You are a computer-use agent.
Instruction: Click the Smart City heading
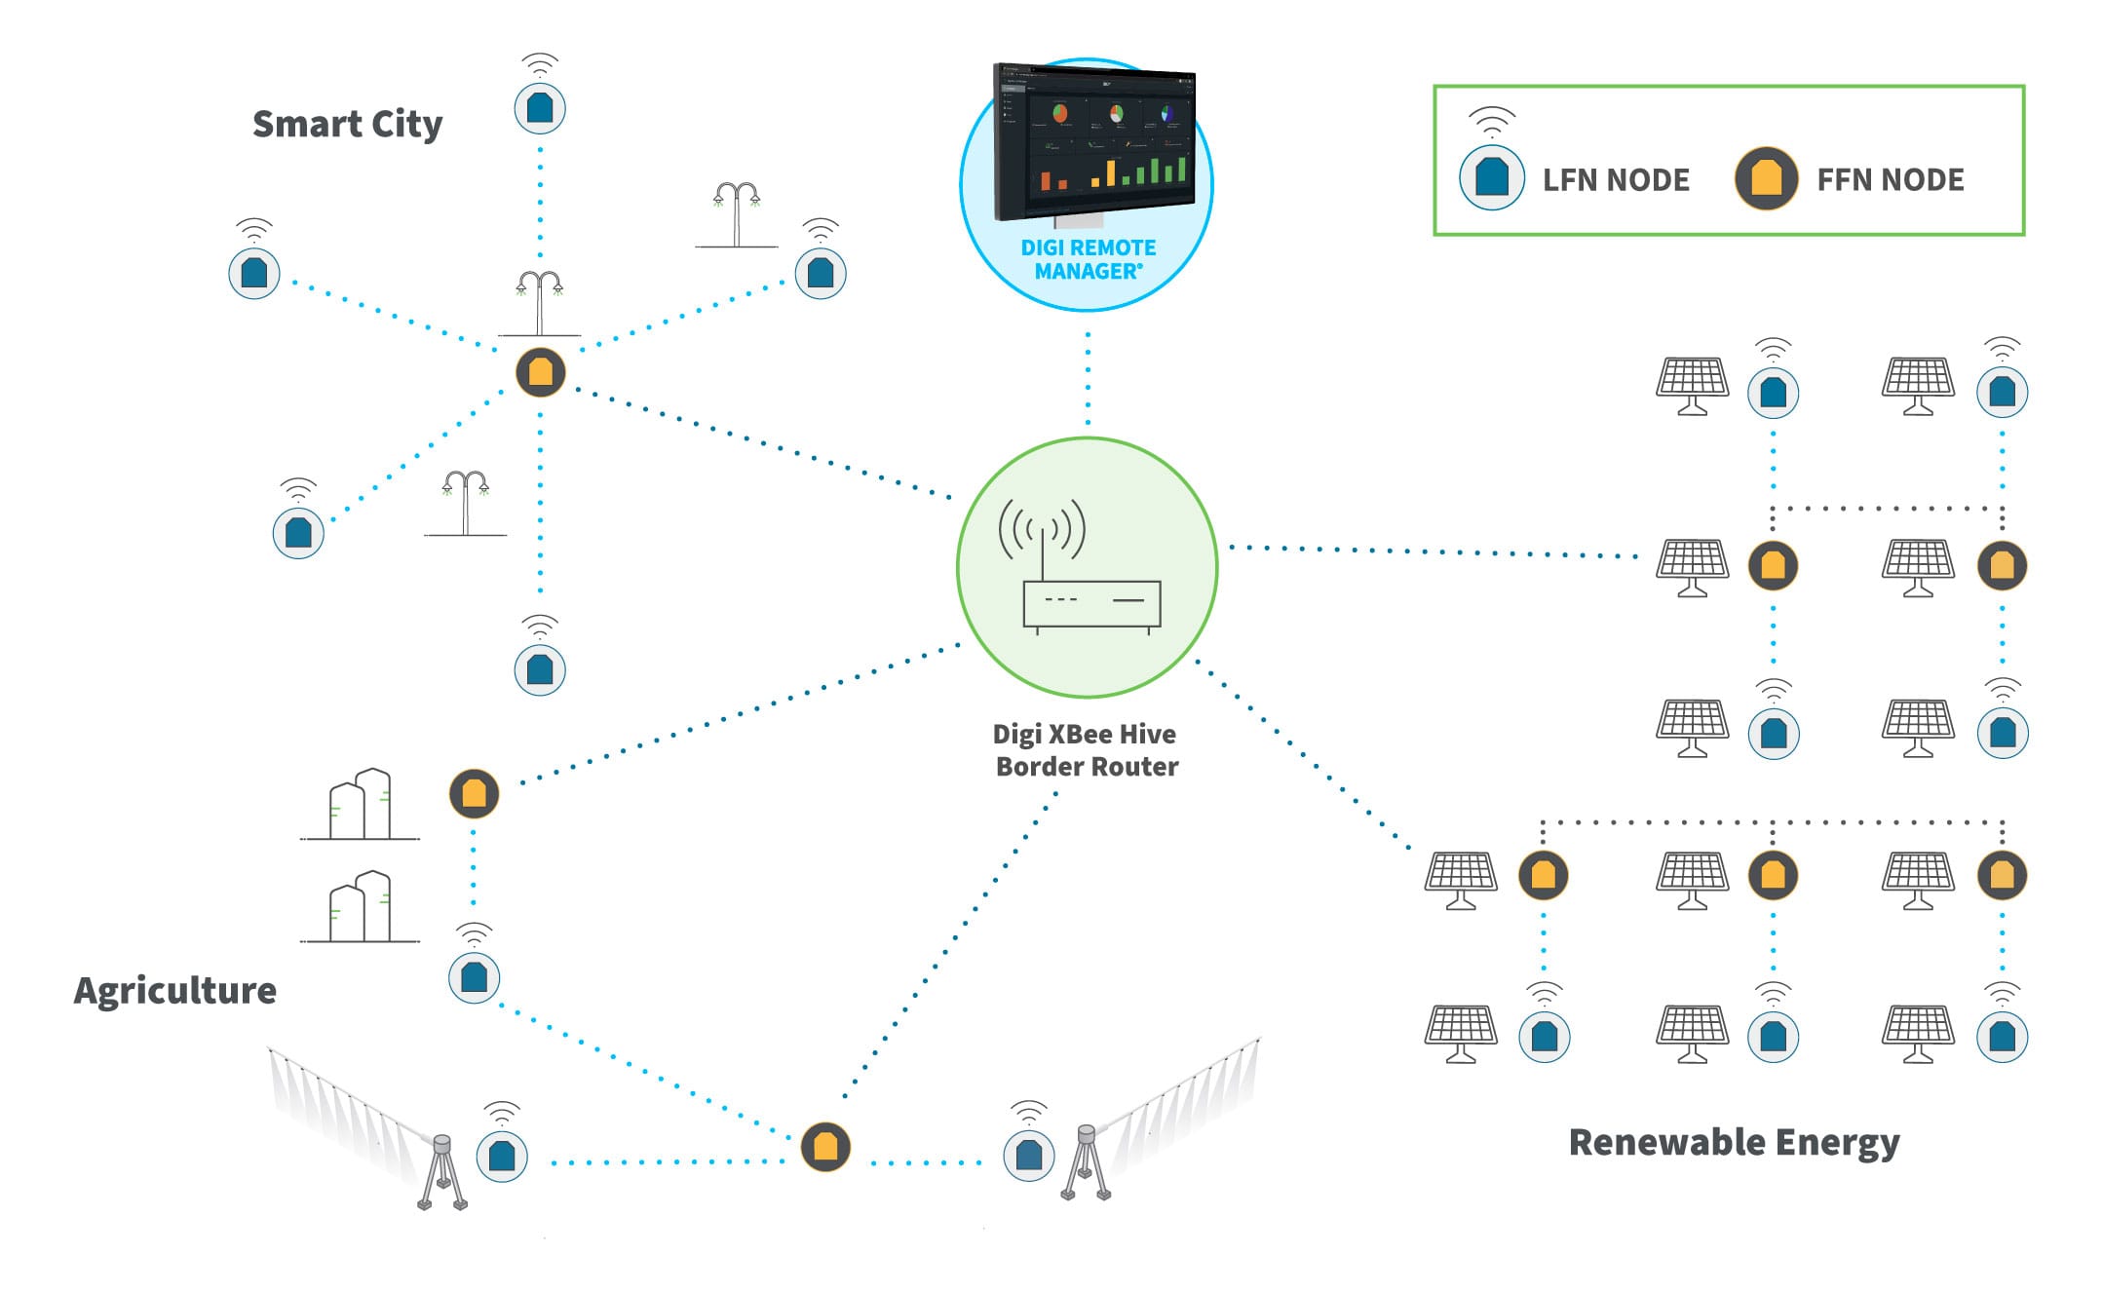tap(347, 125)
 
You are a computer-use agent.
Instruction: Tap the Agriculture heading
tap(175, 990)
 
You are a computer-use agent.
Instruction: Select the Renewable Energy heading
tap(1734, 1142)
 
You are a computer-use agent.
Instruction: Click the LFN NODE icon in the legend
tap(1491, 177)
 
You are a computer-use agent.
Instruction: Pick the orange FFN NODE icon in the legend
tap(1766, 178)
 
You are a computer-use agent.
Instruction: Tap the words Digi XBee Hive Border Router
tap(1086, 750)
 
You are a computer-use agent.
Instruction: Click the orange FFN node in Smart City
tap(541, 372)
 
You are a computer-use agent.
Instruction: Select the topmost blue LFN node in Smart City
tap(540, 108)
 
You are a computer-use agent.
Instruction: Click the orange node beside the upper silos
tap(474, 793)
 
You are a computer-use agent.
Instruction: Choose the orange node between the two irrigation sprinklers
tap(825, 1147)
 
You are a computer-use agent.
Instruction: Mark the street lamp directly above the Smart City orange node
tap(539, 301)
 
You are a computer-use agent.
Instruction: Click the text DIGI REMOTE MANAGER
tap(1088, 260)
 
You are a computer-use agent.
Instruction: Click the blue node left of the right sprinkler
tap(1029, 1156)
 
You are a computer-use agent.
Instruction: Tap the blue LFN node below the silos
tap(474, 976)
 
